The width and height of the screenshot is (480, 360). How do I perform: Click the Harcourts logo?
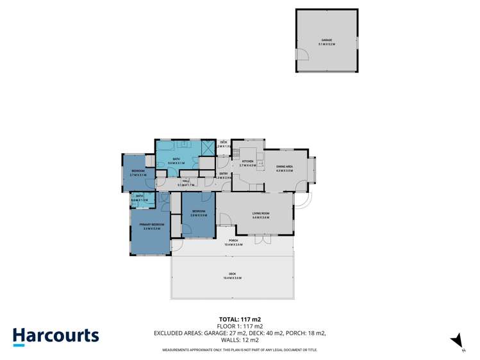[56, 336]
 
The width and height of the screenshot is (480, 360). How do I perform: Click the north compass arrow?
[457, 340]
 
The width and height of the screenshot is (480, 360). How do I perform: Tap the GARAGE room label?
[327, 41]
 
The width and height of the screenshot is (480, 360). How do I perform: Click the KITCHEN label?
[247, 161]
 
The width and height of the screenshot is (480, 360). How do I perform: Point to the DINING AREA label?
[284, 167]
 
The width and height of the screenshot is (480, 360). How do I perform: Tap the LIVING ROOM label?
[260, 214]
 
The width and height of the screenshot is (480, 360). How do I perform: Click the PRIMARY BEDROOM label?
[152, 224]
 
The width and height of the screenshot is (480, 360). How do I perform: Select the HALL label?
[186, 181]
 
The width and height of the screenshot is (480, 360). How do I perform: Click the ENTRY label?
[224, 174]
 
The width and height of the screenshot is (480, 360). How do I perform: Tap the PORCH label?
[233, 241]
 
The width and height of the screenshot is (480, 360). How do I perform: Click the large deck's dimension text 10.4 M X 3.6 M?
[233, 278]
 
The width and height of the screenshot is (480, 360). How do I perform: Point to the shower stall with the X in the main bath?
[208, 147]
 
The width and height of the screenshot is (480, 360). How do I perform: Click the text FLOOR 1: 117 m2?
[240, 326]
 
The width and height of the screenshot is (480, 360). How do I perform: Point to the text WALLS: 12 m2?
[240, 340]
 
